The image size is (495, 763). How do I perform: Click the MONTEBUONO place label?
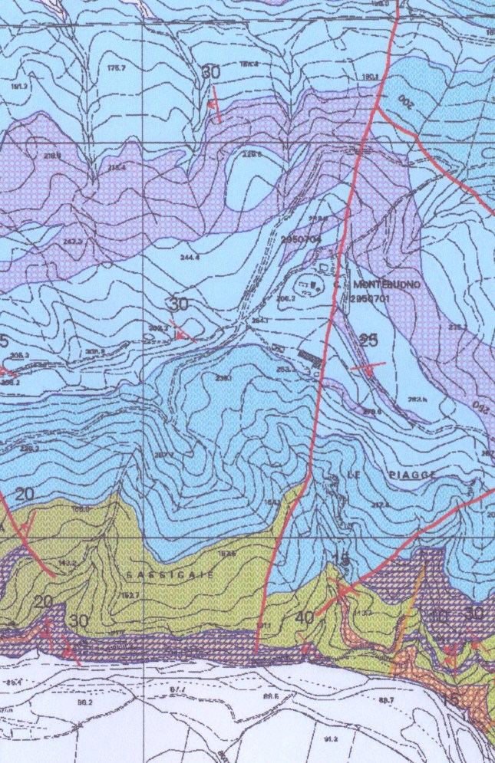[x=387, y=284]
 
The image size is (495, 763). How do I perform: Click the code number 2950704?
[x=300, y=239]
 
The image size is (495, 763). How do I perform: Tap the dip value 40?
[x=304, y=617]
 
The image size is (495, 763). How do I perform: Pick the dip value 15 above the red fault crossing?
[x=343, y=557]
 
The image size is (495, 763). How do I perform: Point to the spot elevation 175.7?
[x=116, y=68]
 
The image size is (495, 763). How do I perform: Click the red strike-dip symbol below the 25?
[x=367, y=367]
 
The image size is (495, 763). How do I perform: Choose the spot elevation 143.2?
[x=68, y=563]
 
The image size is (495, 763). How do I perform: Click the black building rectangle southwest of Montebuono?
[x=311, y=357]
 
